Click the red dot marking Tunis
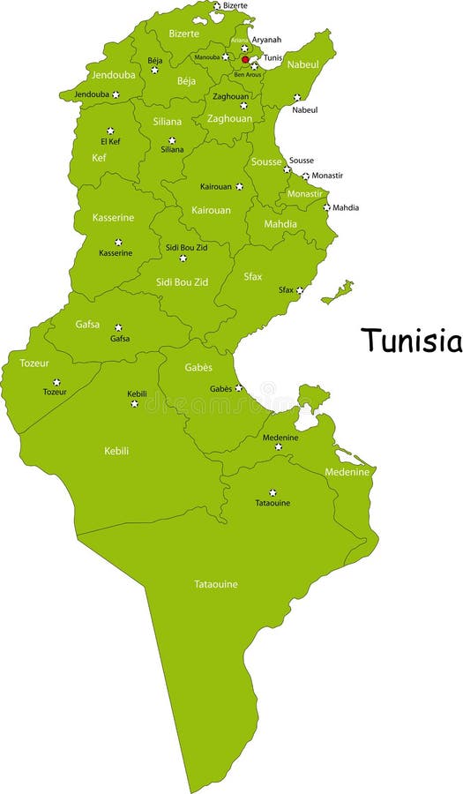(245, 60)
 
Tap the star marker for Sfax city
(300, 289)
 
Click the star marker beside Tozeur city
(56, 382)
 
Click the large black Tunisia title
(410, 341)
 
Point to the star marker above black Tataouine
(273, 492)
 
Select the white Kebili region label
(116, 451)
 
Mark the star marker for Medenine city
(279, 446)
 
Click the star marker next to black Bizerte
(217, 5)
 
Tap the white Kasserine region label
(113, 217)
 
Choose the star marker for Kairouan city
(239, 186)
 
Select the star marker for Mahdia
(326, 207)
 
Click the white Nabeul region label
(303, 64)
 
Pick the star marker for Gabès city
(238, 387)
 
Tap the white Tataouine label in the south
(216, 584)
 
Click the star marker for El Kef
(110, 131)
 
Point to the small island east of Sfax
(338, 292)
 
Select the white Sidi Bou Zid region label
(182, 281)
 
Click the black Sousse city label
(302, 161)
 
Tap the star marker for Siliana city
(172, 139)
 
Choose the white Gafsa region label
(87, 324)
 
